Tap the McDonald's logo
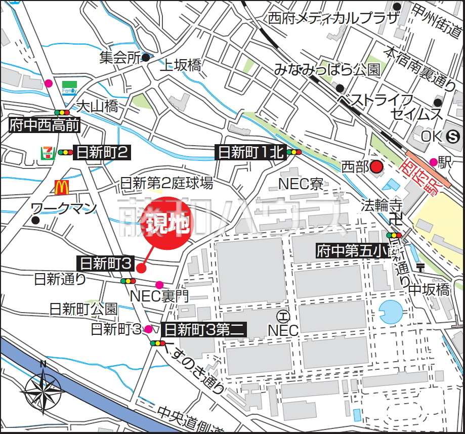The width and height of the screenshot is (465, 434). (x=62, y=188)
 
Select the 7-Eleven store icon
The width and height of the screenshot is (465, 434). (x=47, y=152)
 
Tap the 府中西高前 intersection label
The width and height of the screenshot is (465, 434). (x=45, y=125)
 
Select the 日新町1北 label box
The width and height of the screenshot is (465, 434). (x=250, y=152)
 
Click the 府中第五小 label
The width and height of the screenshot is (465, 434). (x=351, y=250)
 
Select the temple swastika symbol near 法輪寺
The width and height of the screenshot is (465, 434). (x=396, y=220)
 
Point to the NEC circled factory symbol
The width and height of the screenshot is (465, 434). (x=283, y=317)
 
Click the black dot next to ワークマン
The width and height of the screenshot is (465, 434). (x=35, y=220)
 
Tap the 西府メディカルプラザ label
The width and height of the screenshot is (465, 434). (x=333, y=19)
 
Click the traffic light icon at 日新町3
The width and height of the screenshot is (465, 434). (x=128, y=281)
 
